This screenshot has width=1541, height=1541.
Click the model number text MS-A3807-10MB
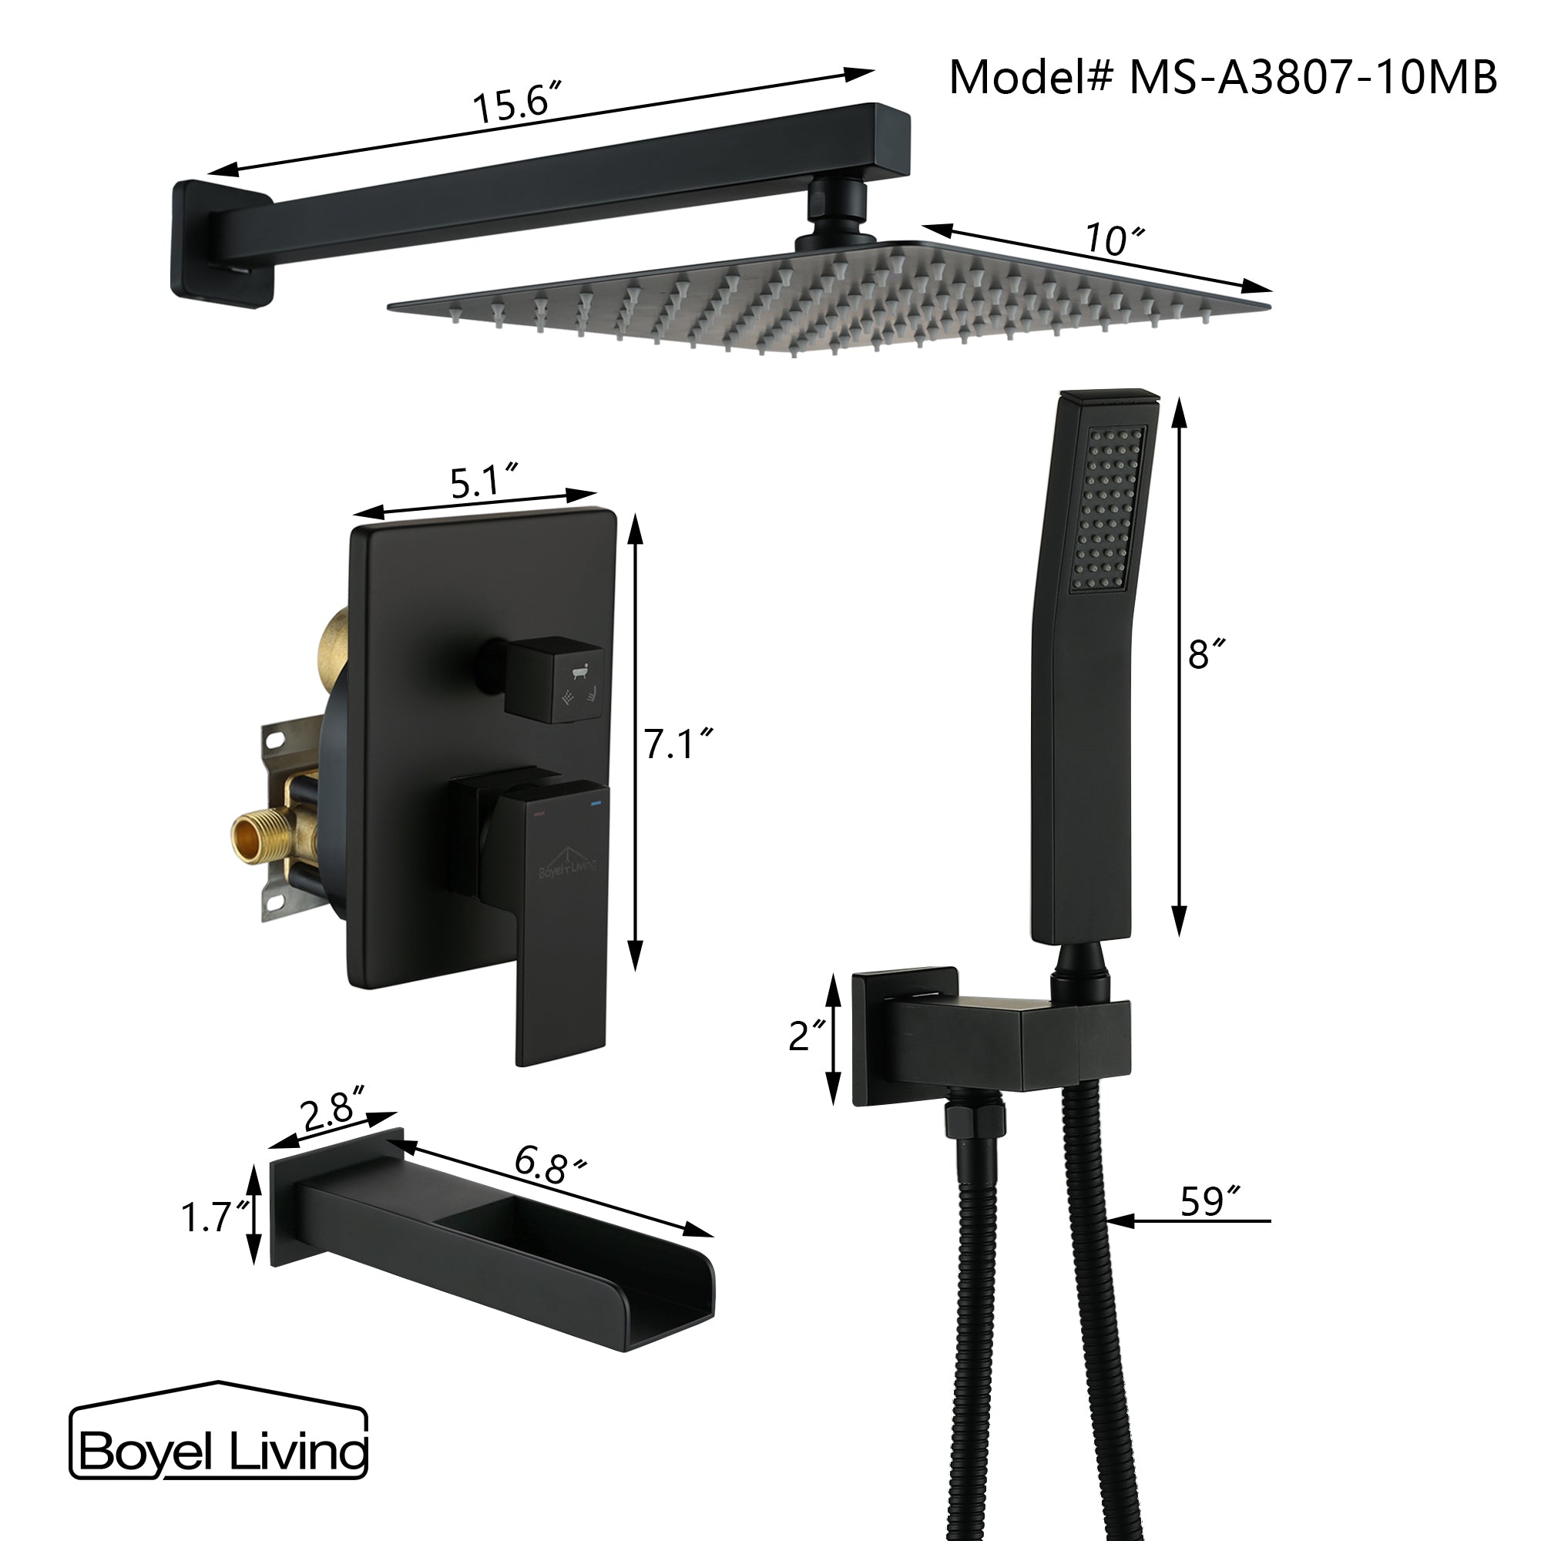(1312, 77)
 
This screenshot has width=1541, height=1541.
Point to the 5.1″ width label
(483, 481)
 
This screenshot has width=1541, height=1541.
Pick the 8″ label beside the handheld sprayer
(1205, 654)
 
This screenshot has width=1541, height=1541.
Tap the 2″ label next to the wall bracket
(807, 1036)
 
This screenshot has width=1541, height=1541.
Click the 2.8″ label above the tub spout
(331, 1110)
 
